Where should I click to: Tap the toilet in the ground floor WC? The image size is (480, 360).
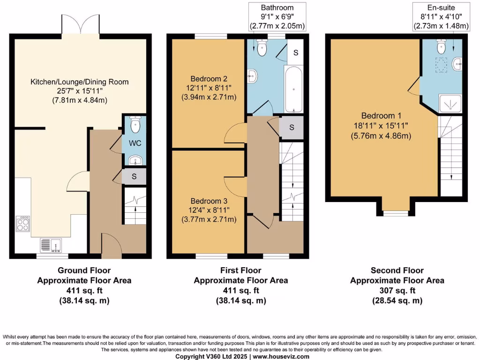click(135, 125)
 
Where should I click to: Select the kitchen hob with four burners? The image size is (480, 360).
click(22, 223)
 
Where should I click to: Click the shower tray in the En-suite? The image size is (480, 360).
click(450, 103)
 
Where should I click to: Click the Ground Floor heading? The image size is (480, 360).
click(84, 270)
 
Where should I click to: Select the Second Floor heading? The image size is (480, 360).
click(397, 270)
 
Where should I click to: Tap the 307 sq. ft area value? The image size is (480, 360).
click(397, 291)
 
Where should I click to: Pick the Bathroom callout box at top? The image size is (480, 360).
click(277, 17)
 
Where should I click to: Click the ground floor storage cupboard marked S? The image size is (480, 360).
click(134, 177)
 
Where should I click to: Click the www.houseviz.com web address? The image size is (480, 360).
click(281, 357)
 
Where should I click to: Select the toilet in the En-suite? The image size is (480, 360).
click(441, 47)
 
